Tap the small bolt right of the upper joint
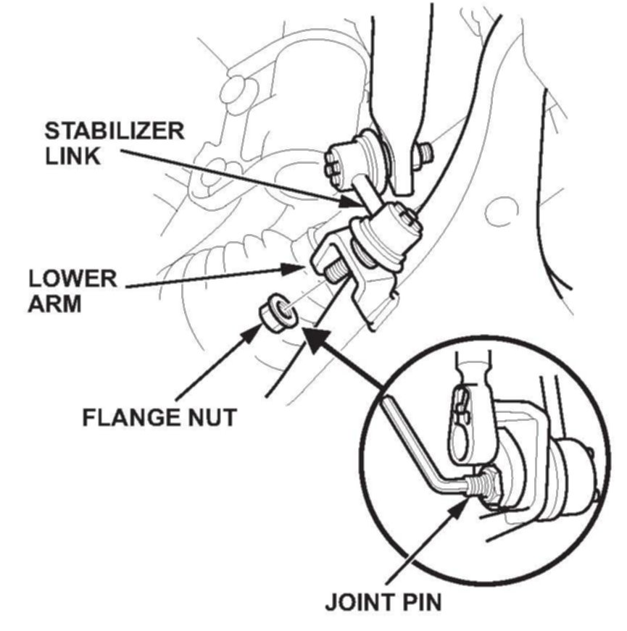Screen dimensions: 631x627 (x=425, y=152)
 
